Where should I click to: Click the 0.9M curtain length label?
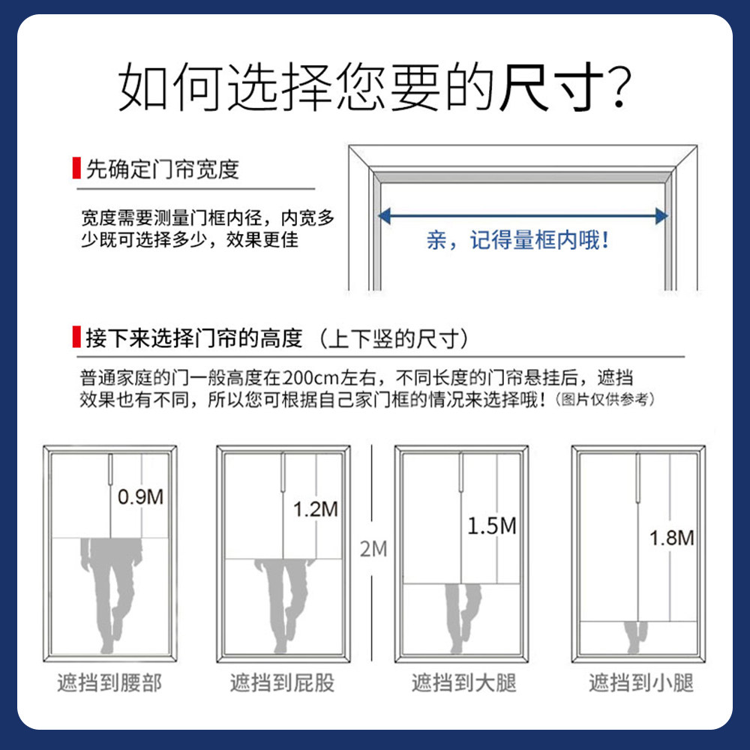pyautogui.click(x=141, y=496)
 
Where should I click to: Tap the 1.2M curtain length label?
pyautogui.click(x=315, y=509)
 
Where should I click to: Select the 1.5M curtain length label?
pyautogui.click(x=492, y=526)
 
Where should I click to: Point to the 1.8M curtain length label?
pyautogui.click(x=672, y=537)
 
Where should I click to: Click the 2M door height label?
pyautogui.click(x=373, y=549)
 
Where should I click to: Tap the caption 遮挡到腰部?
pyautogui.click(x=109, y=683)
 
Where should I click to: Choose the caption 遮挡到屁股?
pyautogui.click(x=282, y=683)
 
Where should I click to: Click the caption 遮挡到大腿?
pyautogui.click(x=464, y=683)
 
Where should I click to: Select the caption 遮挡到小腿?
pyautogui.click(x=641, y=683)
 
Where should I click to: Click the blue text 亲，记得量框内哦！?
pyautogui.click(x=517, y=241)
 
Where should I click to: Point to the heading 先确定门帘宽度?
pyautogui.click(x=162, y=169)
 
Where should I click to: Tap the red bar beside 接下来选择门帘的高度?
pyautogui.click(x=76, y=337)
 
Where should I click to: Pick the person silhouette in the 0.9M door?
pyautogui.click(x=109, y=592)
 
